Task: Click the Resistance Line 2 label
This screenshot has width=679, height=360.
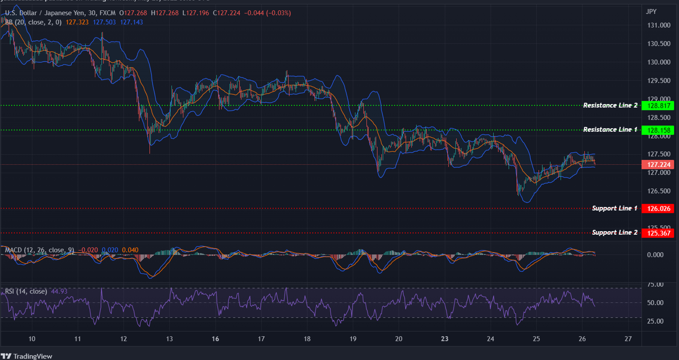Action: point(610,105)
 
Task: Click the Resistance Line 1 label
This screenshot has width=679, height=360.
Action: point(610,130)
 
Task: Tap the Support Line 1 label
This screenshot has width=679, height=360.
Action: point(614,208)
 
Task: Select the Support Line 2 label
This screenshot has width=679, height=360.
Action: point(614,232)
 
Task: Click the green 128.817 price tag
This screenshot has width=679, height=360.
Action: point(658,106)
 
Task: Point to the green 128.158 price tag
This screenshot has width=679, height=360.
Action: point(658,130)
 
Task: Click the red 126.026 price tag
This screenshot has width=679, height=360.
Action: point(658,209)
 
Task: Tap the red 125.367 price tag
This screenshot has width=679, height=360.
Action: point(658,233)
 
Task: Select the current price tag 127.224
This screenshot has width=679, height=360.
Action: point(658,165)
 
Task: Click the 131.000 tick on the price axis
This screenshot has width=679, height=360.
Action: point(659,25)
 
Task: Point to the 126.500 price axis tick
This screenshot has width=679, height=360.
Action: point(659,191)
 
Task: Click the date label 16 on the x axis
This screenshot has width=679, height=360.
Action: point(215,339)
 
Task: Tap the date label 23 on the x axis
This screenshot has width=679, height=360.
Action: point(444,339)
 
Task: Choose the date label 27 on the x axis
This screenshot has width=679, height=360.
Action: point(628,339)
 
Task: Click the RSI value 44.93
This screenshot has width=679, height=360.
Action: point(59,292)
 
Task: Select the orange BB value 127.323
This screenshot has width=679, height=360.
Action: point(77,22)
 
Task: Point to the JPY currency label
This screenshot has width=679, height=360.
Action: point(651,12)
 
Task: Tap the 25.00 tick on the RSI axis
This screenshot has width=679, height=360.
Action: point(655,321)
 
